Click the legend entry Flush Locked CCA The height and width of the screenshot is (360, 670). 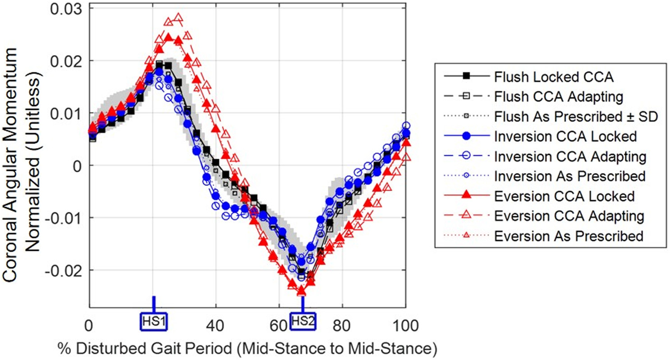(x=553, y=76)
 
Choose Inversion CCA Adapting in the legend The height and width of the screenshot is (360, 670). (x=570, y=156)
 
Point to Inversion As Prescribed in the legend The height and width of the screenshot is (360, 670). (x=569, y=176)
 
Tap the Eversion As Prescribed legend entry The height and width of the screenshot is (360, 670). (x=568, y=235)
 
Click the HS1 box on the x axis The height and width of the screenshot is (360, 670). (x=153, y=321)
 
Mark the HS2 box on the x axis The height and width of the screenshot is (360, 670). (x=302, y=321)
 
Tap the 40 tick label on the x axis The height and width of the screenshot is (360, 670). (x=216, y=325)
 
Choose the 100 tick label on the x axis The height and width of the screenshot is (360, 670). (x=406, y=325)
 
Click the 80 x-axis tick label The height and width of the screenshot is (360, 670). (x=343, y=325)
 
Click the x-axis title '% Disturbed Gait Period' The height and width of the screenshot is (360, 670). (x=248, y=348)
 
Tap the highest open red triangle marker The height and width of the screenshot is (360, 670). (x=178, y=18)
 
